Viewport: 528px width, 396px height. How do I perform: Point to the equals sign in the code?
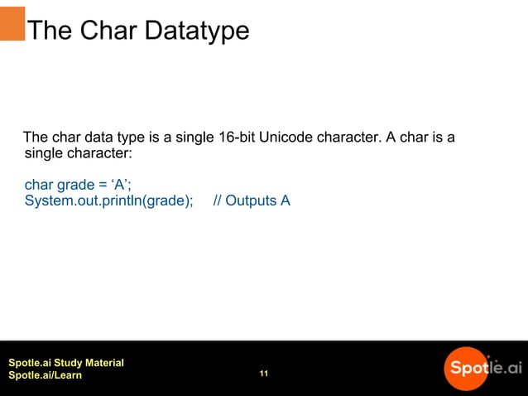pyautogui.click(x=104, y=185)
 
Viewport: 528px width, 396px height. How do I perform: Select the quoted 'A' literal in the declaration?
pyautogui.click(x=121, y=185)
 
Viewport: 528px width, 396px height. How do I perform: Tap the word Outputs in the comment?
pyautogui.click(x=251, y=200)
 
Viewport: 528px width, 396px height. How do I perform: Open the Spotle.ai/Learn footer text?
pyautogui.click(x=45, y=376)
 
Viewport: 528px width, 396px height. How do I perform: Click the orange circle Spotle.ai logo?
pyautogui.click(x=468, y=368)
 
